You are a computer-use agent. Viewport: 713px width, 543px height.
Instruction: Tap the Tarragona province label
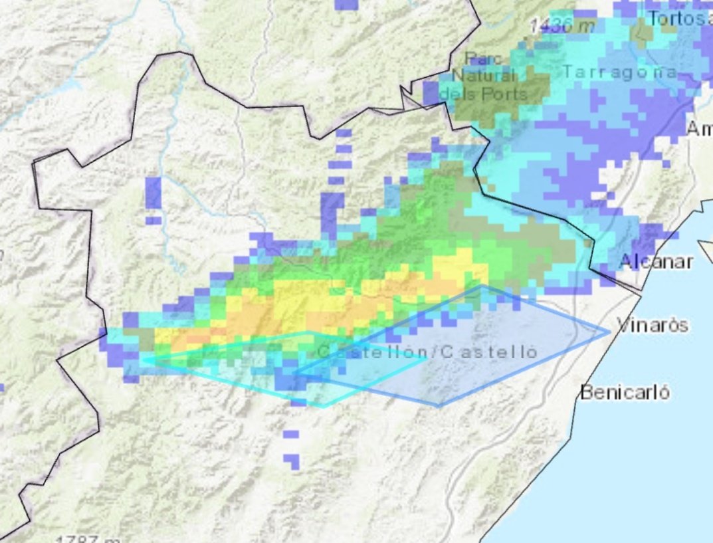[620, 72]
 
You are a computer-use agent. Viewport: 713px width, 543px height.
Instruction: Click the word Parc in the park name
[483, 59]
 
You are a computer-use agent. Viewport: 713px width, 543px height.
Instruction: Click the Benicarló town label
[625, 392]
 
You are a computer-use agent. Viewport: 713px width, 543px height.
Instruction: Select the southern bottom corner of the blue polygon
[439, 405]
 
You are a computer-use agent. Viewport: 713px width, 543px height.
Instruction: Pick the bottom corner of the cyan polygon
[324, 406]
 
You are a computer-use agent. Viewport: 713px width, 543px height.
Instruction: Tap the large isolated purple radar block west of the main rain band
[153, 193]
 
